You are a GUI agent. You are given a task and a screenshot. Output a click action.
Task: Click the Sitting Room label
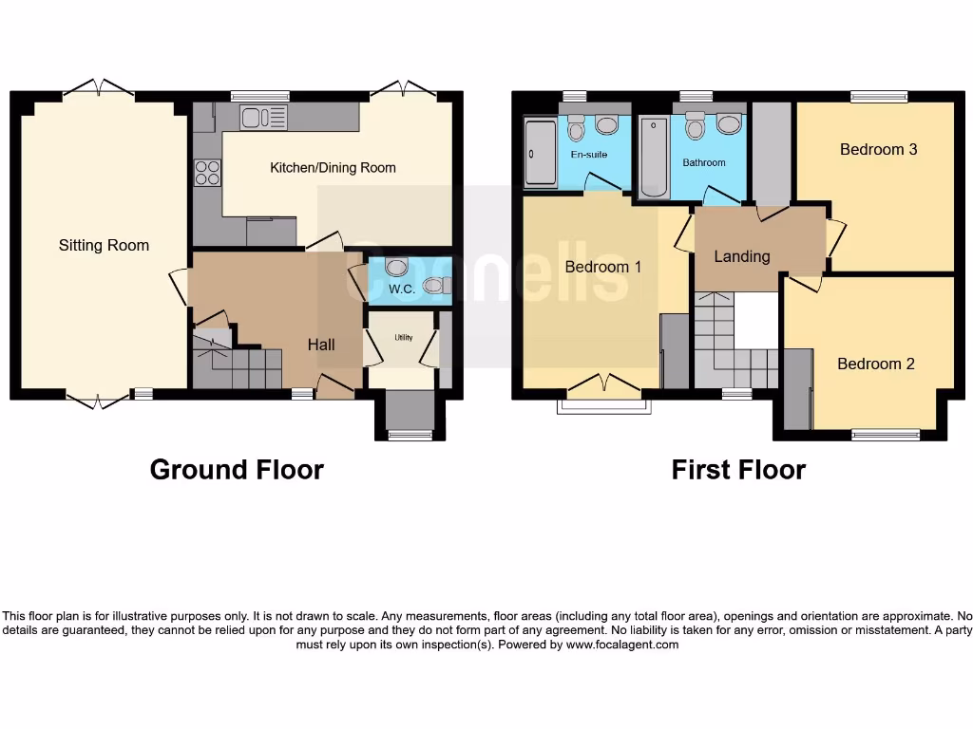(x=104, y=245)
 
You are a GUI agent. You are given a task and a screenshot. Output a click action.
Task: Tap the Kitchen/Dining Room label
(x=333, y=168)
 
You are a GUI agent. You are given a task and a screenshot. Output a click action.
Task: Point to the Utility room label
(x=404, y=337)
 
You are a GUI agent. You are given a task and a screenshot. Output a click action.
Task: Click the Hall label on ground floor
(x=321, y=345)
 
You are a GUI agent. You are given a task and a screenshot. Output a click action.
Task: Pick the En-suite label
(x=588, y=154)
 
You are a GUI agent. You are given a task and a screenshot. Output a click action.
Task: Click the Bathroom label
(x=704, y=162)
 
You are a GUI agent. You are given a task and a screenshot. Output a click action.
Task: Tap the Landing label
(x=742, y=256)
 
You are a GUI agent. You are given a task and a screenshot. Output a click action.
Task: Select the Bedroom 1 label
(x=603, y=267)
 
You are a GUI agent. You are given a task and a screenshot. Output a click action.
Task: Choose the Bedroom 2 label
(x=876, y=364)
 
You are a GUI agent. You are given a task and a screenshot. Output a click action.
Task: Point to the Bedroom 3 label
(x=878, y=149)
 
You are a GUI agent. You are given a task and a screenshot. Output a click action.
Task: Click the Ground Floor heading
(x=237, y=470)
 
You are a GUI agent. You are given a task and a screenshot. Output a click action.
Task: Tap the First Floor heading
(x=738, y=470)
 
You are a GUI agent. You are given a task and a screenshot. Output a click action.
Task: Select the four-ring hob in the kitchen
(x=207, y=173)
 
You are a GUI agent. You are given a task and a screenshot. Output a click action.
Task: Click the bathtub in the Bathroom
(x=654, y=157)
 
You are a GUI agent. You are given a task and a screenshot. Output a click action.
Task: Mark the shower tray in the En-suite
(x=541, y=153)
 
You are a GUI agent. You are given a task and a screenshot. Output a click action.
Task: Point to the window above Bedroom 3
(x=878, y=96)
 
